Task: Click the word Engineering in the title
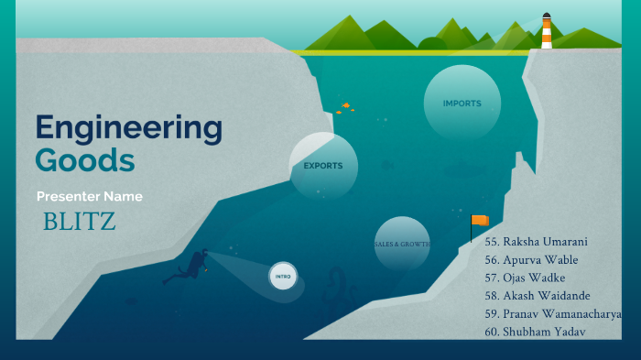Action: pos(128,129)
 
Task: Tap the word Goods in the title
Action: pos(85,160)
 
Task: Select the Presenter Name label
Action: pos(90,197)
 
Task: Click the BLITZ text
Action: pos(80,222)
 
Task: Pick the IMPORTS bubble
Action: pos(462,104)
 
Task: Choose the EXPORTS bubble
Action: pos(323,166)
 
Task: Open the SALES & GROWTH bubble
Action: pos(402,245)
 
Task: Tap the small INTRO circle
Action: pos(282,276)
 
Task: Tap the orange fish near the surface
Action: pos(345,107)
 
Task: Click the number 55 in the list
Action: pos(491,242)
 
